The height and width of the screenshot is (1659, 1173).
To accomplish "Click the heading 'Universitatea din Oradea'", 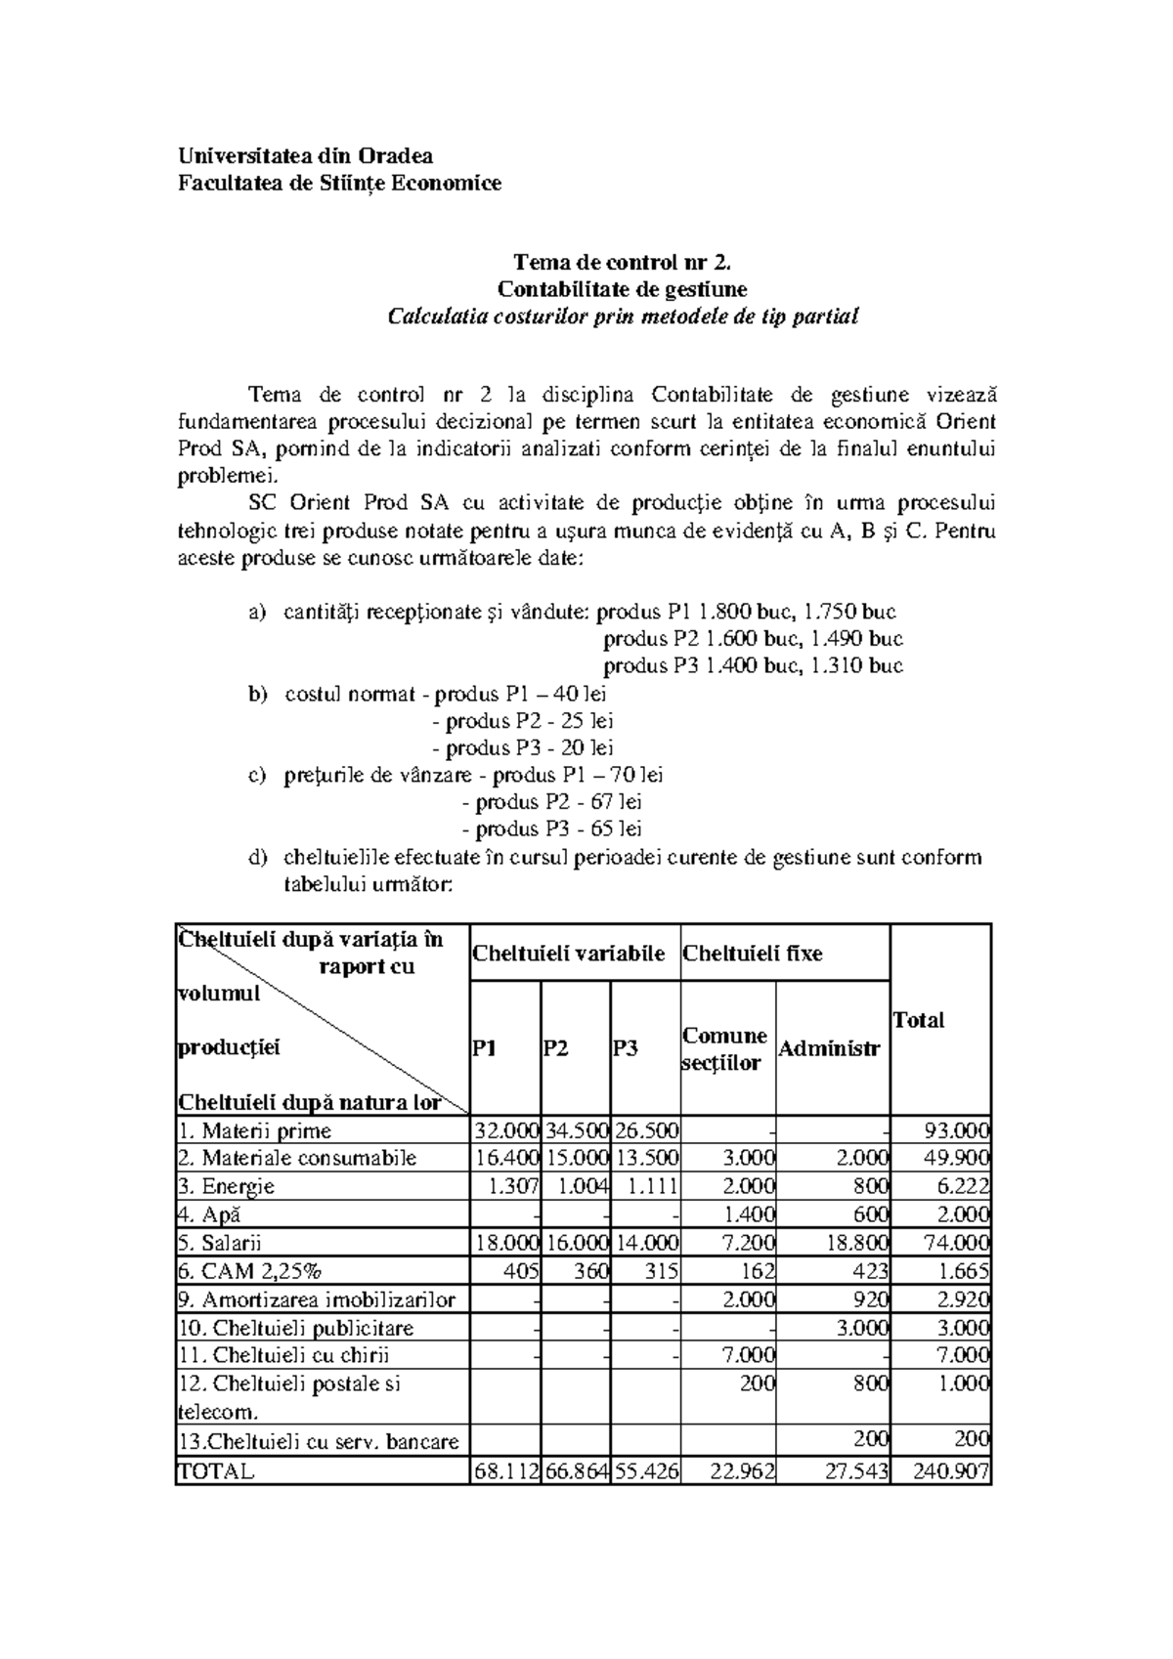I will point(305,155).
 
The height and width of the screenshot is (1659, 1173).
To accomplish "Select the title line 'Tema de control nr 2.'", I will point(622,262).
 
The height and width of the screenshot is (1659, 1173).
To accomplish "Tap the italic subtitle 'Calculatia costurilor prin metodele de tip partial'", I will point(622,317).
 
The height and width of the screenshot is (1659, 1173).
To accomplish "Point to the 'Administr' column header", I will point(829,1049).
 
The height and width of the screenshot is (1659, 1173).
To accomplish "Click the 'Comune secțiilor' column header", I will point(723,1049).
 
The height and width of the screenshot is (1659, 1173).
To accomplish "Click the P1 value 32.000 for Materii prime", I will point(505,1131).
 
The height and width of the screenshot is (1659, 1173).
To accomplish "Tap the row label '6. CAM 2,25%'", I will point(249,1271).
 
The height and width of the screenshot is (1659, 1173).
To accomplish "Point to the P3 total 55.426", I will point(646,1471).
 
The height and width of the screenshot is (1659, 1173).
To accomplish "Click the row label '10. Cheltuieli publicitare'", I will point(295,1328).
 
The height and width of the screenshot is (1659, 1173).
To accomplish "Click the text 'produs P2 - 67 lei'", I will point(558,802).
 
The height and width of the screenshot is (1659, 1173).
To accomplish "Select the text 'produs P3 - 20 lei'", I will point(530,748).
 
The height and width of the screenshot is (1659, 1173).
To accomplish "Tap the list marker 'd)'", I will point(257,858).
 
